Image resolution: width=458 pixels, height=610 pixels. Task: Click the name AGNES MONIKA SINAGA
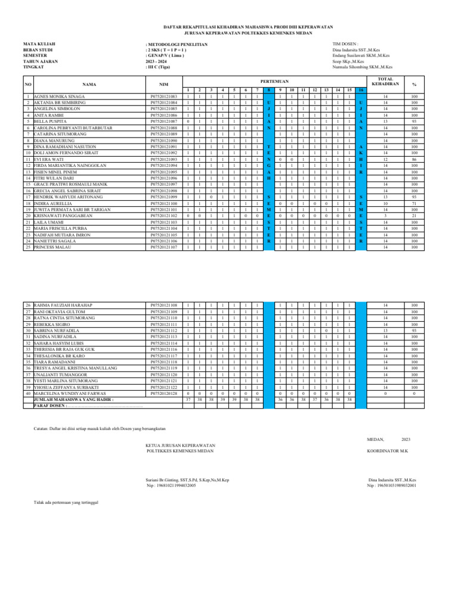tap(59, 96)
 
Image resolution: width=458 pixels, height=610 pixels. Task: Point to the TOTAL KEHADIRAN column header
tap(385, 81)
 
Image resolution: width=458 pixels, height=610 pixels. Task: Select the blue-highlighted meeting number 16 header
tap(360, 90)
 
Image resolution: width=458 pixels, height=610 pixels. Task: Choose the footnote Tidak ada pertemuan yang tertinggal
tap(66, 502)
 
